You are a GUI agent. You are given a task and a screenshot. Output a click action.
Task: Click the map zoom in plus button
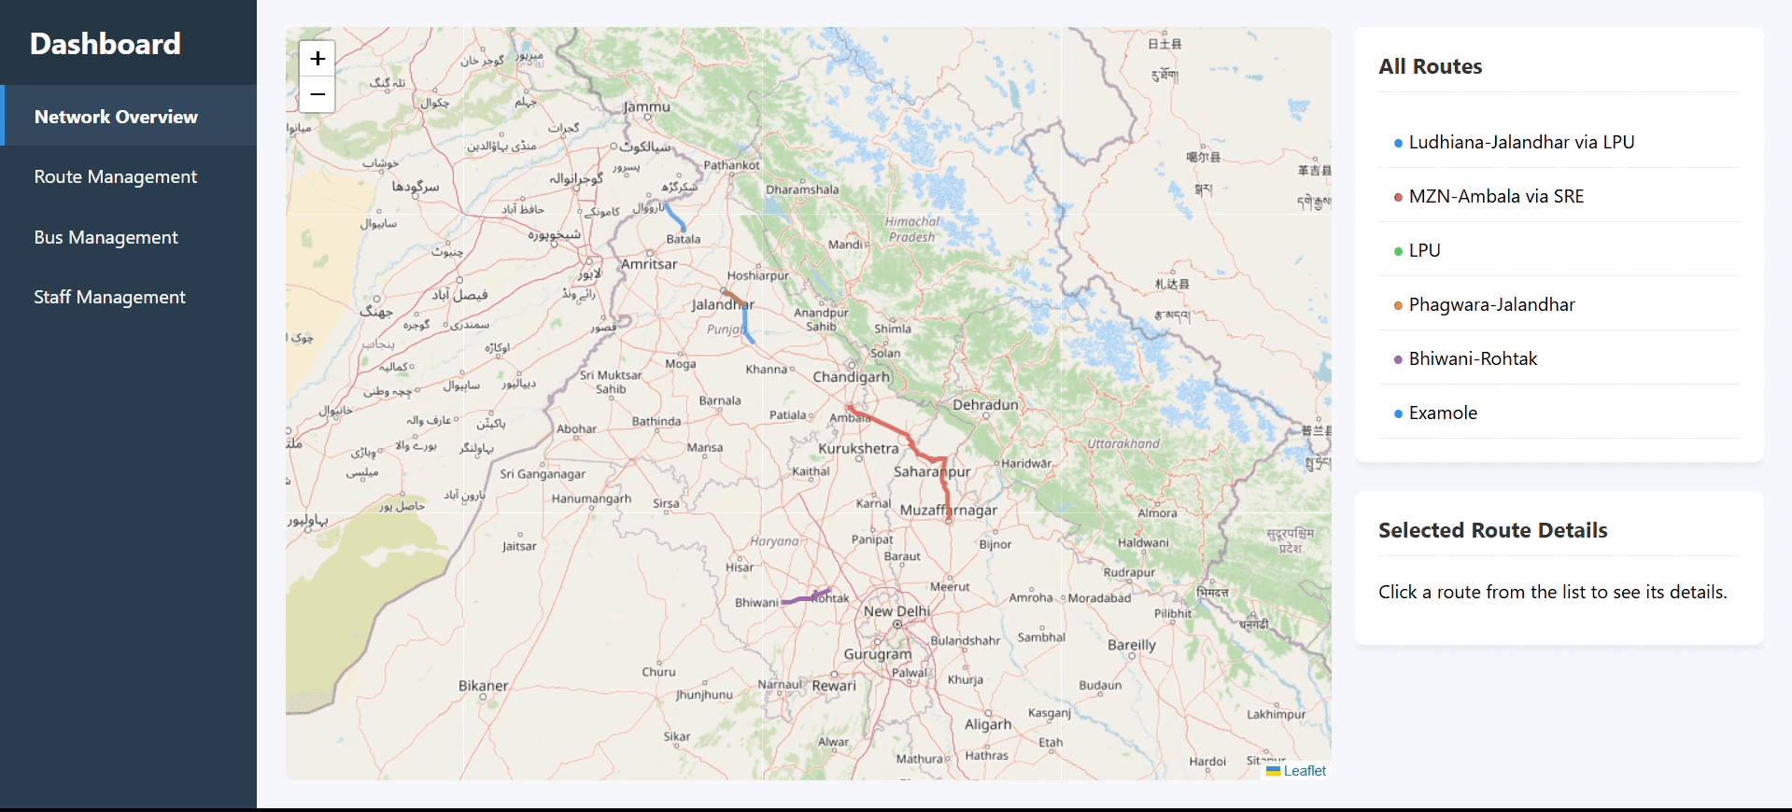(x=317, y=59)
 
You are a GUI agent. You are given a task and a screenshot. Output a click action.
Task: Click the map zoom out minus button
(x=317, y=94)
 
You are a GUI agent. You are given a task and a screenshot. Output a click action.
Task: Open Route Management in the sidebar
(x=116, y=176)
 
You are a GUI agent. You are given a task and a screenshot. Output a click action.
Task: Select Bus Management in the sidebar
(x=106, y=237)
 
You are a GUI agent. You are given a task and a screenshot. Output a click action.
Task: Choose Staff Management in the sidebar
(x=110, y=297)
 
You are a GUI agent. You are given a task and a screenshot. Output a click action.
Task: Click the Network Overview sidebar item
(x=116, y=117)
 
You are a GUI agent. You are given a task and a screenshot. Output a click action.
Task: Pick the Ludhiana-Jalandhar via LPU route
(x=1521, y=142)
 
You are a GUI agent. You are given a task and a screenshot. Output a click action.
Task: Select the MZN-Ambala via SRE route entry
(x=1496, y=196)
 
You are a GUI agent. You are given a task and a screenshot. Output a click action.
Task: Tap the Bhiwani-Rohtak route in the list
(x=1473, y=358)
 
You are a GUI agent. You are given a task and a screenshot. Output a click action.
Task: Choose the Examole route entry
(x=1443, y=413)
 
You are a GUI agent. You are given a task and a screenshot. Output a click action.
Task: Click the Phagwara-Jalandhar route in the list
(x=1491, y=304)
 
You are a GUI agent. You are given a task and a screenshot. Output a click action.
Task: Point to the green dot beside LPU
(x=1398, y=251)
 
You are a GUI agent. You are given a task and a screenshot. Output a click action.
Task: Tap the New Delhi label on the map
(x=896, y=611)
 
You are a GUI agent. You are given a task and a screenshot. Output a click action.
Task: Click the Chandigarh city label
(x=851, y=377)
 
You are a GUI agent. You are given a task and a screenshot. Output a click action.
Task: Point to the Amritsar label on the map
(x=649, y=264)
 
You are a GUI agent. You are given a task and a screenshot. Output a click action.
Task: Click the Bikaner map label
(x=483, y=685)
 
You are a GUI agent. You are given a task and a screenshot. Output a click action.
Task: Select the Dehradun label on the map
(x=985, y=404)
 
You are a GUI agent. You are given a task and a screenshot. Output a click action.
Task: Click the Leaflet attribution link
(x=1305, y=771)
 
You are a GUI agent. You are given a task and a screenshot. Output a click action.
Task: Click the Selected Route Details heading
(x=1492, y=530)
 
